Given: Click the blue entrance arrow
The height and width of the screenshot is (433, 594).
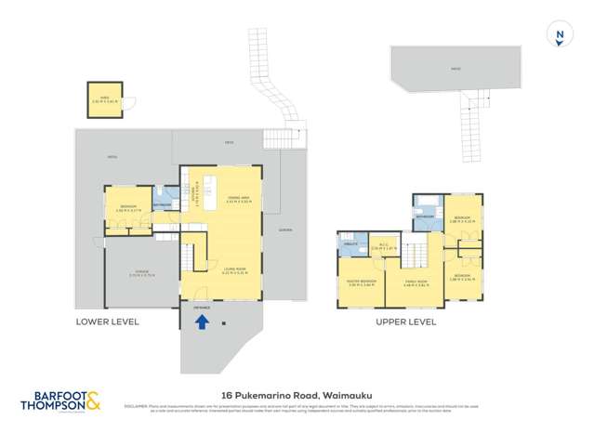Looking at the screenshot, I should tap(201, 322).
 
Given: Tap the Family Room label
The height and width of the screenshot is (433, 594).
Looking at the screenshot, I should tap(416, 282).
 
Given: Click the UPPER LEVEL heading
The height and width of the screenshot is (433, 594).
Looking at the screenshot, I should tap(405, 321).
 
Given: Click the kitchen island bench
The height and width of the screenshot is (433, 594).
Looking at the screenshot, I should tap(210, 184).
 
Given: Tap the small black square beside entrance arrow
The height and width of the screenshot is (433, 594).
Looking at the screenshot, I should tap(225, 323).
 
